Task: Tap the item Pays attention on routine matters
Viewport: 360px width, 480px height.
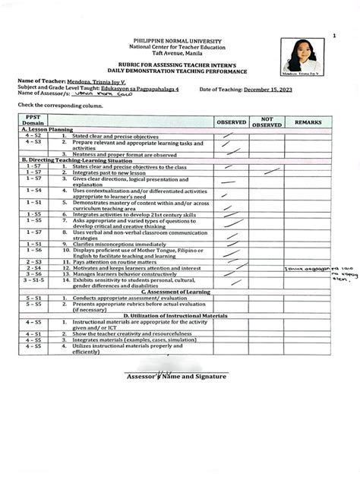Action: [115, 283]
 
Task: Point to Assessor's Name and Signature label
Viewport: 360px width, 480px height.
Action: [177, 377]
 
